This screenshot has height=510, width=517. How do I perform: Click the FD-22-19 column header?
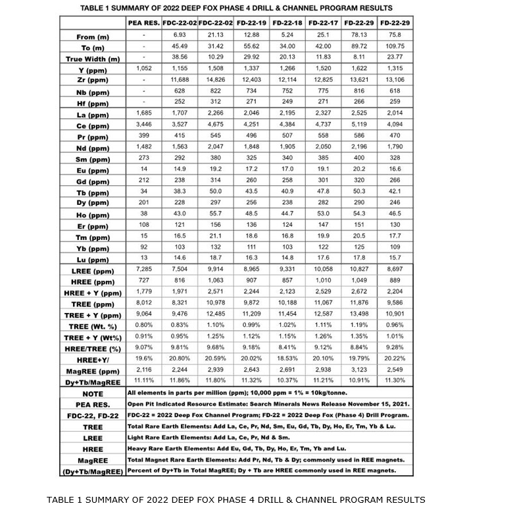tap(251, 22)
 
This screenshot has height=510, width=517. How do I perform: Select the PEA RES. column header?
tap(143, 22)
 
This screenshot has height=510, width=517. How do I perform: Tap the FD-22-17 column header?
tap(322, 22)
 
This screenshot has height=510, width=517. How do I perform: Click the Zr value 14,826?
tap(215, 79)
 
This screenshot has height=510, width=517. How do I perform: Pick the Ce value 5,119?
tap(358, 124)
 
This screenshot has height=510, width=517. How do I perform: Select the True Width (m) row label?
tap(93, 59)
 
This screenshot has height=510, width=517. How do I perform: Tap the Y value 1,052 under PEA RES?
tap(143, 68)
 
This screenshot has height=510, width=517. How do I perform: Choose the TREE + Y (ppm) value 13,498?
tap(358, 314)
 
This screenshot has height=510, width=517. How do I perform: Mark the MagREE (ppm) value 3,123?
tap(358, 370)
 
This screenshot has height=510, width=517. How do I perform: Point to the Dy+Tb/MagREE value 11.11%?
tap(143, 380)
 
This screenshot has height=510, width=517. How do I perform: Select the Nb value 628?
tap(179, 90)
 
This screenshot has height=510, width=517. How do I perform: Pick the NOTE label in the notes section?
tap(93, 393)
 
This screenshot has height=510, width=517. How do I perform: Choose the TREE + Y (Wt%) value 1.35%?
tap(358, 337)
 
